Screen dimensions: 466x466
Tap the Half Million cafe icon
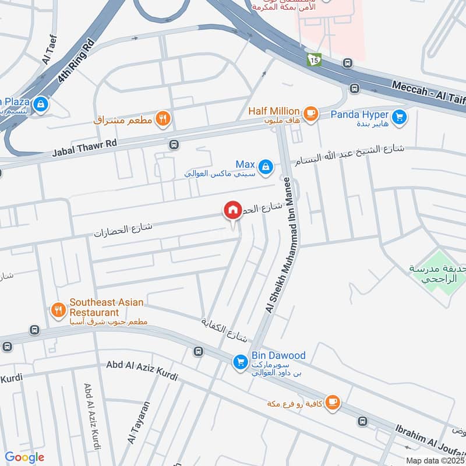pos(310,113)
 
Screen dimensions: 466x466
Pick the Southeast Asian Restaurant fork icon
pos(58,310)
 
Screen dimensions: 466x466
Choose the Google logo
pos(24,457)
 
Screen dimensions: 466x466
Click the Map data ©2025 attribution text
pos(435,460)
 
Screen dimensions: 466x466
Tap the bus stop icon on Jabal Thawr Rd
pos(173,144)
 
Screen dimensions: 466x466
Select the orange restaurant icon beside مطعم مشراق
pos(164,119)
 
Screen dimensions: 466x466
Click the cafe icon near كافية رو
pos(332,403)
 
